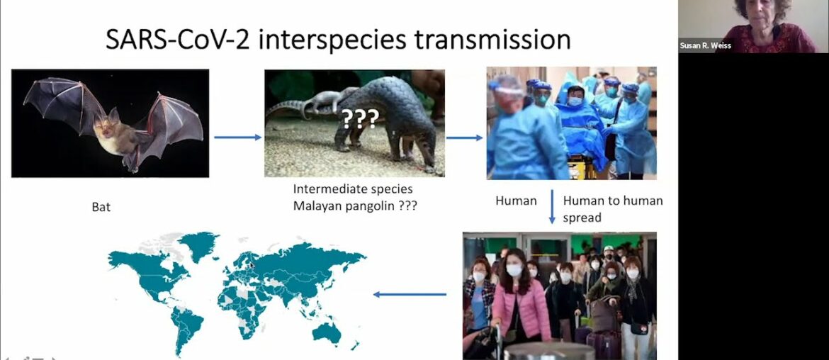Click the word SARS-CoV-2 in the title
178,39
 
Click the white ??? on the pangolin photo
359,118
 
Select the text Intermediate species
352,189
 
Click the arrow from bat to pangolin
237,137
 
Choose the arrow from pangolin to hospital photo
464,137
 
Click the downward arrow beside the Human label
552,206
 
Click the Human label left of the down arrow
516,201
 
